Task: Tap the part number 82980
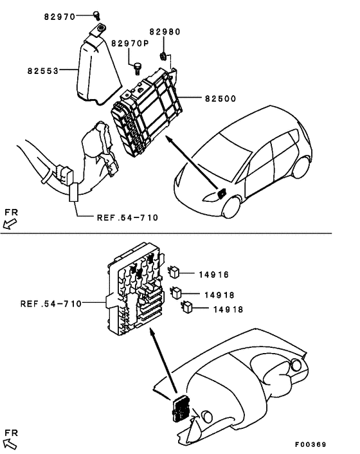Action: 165,32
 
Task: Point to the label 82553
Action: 43,72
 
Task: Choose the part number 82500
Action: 221,99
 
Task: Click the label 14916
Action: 214,275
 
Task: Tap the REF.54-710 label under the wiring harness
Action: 127,217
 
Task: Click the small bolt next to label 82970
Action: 96,15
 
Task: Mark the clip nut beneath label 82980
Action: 164,57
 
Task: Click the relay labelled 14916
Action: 174,272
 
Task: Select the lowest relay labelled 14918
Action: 189,307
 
